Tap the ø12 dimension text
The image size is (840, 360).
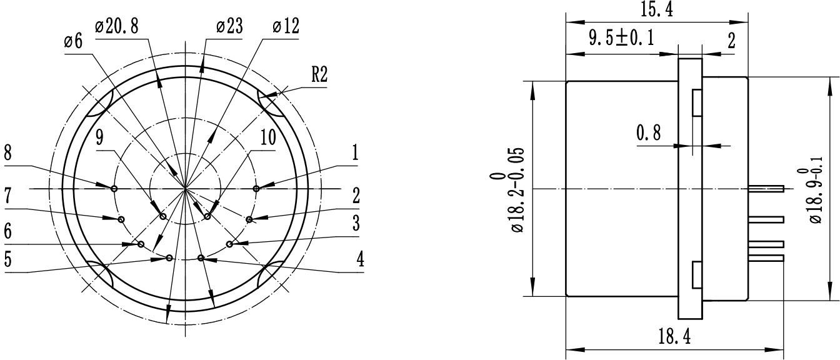(x=286, y=27)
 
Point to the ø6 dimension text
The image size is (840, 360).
(x=73, y=42)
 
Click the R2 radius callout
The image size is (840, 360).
(x=319, y=76)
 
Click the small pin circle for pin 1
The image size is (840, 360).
(x=256, y=188)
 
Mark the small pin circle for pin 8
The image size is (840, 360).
(x=114, y=188)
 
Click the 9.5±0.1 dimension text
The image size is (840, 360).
(x=621, y=39)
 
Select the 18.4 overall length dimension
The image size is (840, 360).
(x=674, y=338)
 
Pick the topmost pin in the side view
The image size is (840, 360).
(x=766, y=188)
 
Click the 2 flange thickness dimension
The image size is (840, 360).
(x=731, y=41)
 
